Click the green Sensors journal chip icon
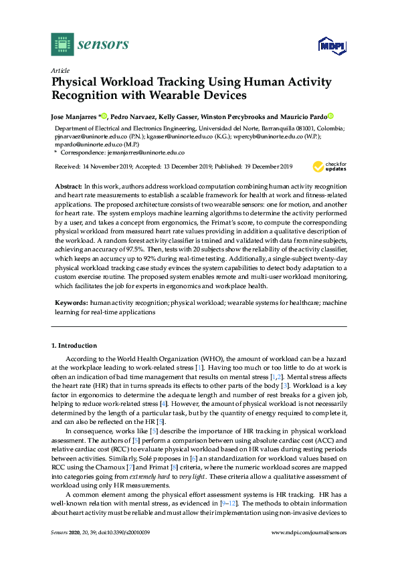[x=62, y=44]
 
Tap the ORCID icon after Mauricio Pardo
[x=330, y=116]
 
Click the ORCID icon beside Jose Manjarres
[x=105, y=116]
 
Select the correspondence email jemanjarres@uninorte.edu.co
[x=147, y=152]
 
